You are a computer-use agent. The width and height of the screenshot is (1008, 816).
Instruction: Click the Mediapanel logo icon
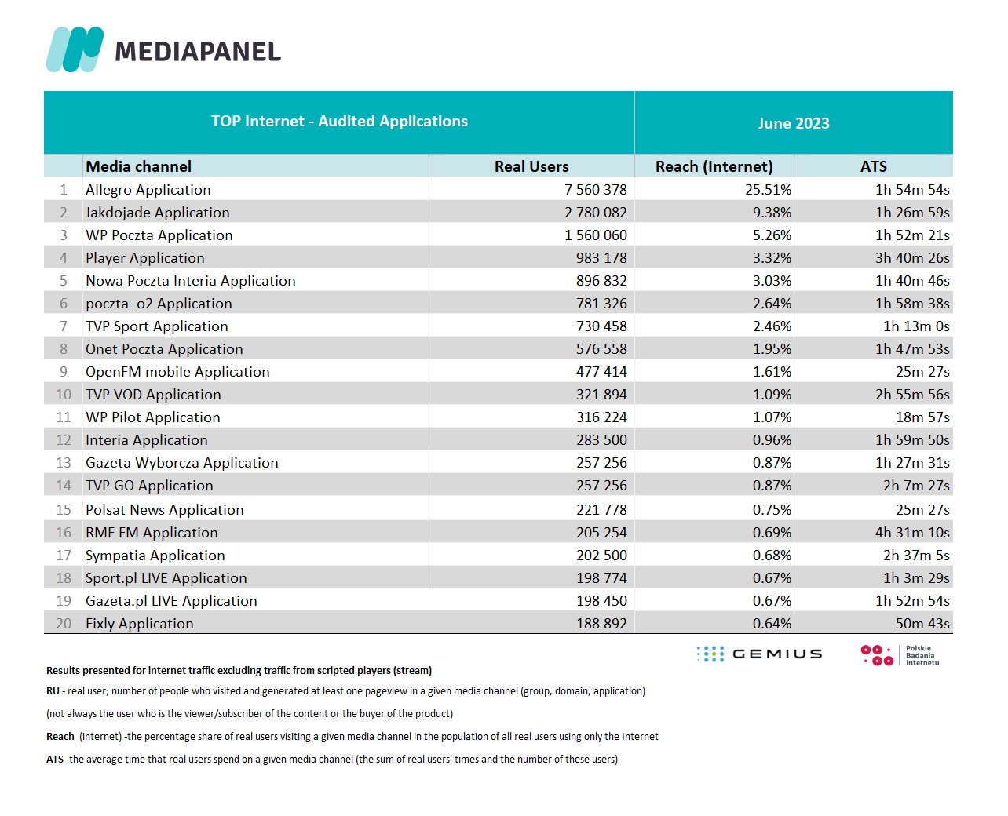coord(75,49)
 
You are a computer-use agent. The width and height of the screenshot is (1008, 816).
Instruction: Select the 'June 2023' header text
coord(793,123)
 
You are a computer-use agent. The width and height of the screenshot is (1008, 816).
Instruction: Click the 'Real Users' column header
coord(531,166)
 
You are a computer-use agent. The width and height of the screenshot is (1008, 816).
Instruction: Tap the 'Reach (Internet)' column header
coord(714,166)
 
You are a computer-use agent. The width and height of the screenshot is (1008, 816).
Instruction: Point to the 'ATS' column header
coord(873,166)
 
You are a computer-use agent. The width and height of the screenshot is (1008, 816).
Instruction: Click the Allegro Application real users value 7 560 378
coord(595,190)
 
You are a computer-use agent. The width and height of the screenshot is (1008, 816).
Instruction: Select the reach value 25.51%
coord(768,190)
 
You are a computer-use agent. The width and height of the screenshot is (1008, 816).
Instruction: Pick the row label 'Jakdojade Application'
coord(157,213)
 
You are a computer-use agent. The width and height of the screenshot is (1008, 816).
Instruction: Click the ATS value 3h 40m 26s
coord(912,258)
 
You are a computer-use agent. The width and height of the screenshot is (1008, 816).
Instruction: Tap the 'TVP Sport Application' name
coord(157,326)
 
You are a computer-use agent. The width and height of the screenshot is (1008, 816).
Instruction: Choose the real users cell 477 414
coord(601,372)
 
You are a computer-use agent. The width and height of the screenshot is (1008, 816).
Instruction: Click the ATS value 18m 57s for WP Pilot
coord(922,417)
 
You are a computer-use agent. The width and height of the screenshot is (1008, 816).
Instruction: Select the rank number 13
coord(64,463)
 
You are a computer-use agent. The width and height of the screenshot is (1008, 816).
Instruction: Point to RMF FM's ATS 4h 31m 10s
coord(912,533)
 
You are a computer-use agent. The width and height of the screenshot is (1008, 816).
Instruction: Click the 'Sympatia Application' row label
coord(155,556)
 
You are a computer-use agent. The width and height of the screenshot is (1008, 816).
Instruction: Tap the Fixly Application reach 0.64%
coord(772,624)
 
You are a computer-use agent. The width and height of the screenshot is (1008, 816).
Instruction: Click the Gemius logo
coord(759,654)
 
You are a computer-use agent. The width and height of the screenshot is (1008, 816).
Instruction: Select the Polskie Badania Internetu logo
coord(900,655)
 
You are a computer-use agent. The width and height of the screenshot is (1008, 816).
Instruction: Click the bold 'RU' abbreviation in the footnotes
coord(53,690)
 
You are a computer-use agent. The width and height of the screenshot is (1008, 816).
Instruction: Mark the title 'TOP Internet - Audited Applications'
coord(339,121)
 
